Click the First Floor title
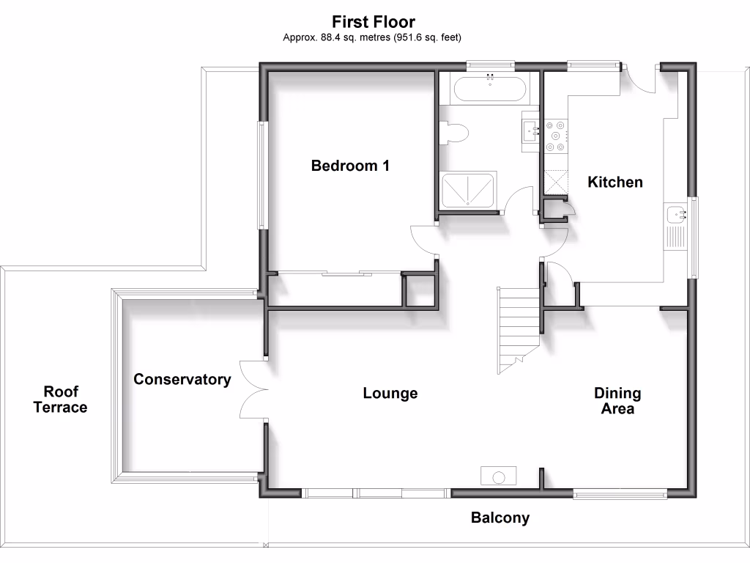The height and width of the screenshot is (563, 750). click(x=374, y=21)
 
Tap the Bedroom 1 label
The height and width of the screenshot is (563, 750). click(x=350, y=166)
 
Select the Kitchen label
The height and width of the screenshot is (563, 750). click(x=615, y=182)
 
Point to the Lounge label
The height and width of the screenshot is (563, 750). click(x=390, y=394)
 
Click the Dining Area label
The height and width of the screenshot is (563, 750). click(x=617, y=401)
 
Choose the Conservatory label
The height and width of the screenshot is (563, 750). click(x=182, y=380)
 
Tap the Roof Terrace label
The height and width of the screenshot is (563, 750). click(x=60, y=400)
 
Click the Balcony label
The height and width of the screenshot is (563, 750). click(x=500, y=518)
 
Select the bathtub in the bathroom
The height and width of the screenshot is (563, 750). click(x=489, y=89)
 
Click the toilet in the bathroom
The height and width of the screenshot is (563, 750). click(x=455, y=133)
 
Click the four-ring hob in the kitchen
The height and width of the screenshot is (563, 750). click(x=556, y=135)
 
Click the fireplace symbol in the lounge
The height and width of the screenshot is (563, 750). click(x=498, y=476)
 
